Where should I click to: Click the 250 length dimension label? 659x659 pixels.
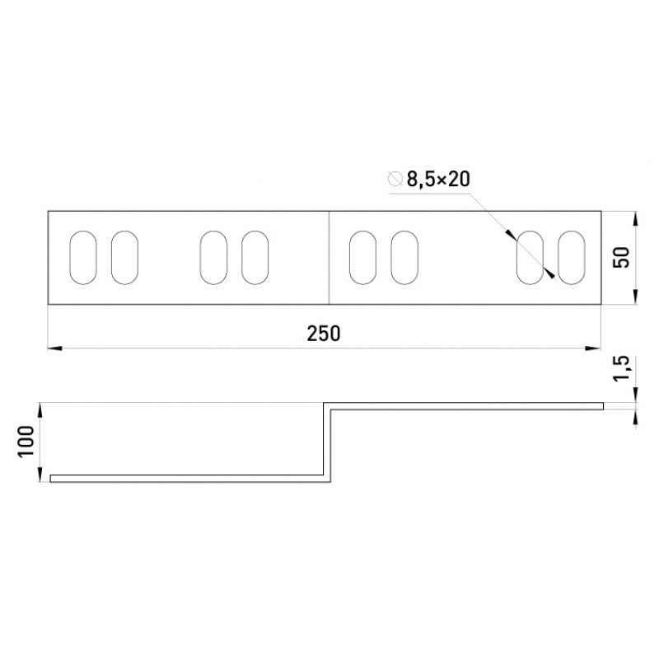[x=323, y=334]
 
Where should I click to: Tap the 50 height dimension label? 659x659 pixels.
[x=622, y=257]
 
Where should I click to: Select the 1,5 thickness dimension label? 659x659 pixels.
[x=622, y=368]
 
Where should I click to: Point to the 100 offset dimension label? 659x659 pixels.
[x=26, y=442]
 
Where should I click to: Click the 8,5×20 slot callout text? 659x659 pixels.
[x=438, y=179]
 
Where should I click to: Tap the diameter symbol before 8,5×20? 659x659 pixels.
[x=395, y=179]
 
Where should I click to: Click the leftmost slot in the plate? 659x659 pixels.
[x=83, y=257]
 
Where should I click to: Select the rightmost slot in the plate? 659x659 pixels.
[x=571, y=257]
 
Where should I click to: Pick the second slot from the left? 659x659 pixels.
[x=124, y=257]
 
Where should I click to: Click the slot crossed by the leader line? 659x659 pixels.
[x=530, y=257]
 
